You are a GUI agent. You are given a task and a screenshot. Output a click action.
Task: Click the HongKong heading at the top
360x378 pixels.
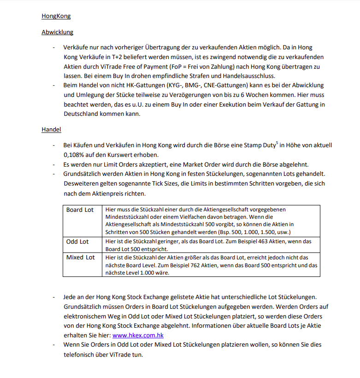(x=56, y=16)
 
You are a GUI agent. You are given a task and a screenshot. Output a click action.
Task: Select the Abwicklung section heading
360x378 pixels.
(x=57, y=32)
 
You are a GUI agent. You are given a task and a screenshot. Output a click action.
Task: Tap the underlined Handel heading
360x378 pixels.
(x=51, y=130)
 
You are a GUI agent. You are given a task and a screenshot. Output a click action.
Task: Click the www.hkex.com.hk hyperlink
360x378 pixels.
(x=138, y=335)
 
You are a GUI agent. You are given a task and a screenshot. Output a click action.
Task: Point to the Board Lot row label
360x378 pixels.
(x=80, y=210)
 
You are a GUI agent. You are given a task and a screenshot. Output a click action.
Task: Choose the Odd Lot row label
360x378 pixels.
(x=77, y=241)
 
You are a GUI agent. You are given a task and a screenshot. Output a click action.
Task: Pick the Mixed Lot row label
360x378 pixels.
(x=80, y=257)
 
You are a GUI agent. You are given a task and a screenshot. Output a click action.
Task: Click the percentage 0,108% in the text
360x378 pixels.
(x=76, y=155)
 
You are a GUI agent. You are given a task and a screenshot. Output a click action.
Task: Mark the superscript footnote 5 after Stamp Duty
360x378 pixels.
(x=276, y=143)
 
